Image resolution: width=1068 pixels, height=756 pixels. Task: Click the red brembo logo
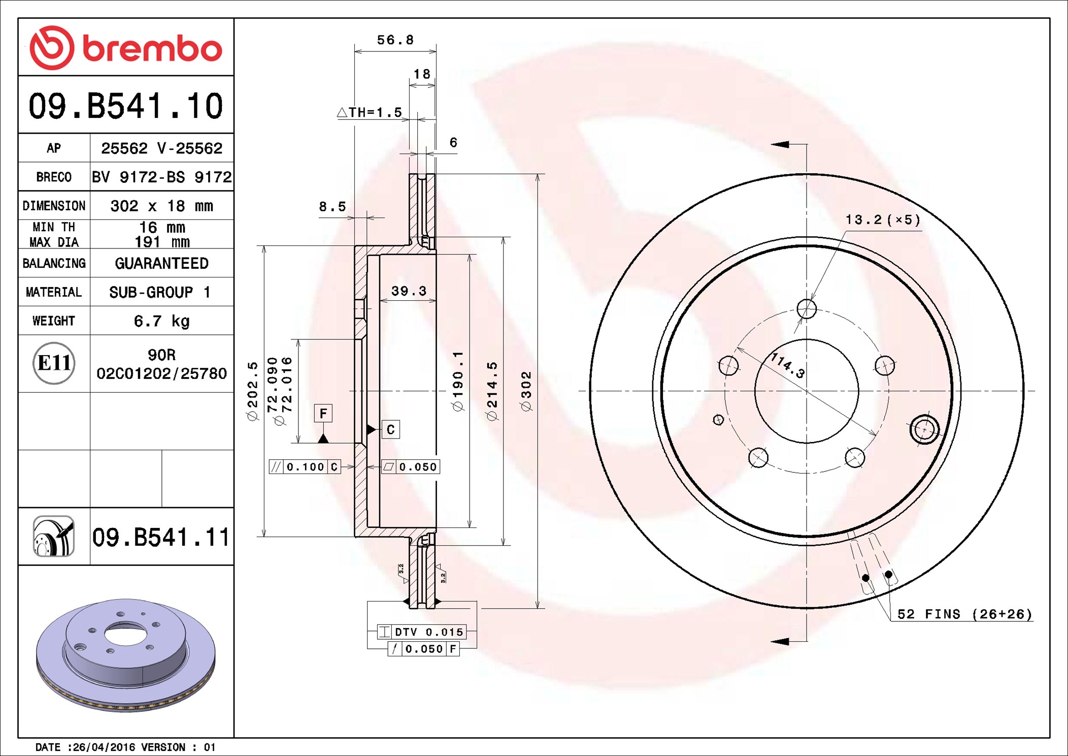point(125,48)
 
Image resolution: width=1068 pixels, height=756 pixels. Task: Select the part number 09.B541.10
point(125,106)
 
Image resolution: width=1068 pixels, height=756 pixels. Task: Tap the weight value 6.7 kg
point(161,321)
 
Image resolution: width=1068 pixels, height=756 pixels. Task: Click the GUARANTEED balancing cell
point(161,263)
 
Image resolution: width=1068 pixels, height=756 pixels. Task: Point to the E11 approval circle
point(54,363)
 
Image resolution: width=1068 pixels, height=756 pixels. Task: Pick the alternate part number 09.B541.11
point(161,537)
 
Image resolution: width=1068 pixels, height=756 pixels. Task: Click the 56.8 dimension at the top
point(395,40)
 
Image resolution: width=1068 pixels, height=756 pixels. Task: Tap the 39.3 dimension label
point(409,291)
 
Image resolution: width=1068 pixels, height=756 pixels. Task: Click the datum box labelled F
point(323,413)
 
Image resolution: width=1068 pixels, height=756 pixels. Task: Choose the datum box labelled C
point(390,430)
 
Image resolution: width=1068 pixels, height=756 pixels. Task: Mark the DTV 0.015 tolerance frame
point(421,632)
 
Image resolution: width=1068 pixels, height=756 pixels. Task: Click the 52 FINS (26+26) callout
point(964,614)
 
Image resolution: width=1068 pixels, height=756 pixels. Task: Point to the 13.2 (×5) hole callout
point(882,220)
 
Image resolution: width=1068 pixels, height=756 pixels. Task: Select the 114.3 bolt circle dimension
point(787,365)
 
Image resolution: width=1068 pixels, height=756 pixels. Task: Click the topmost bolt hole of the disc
point(807,308)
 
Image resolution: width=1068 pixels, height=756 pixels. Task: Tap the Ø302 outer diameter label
point(526,391)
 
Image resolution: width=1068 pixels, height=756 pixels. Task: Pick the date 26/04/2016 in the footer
point(104,747)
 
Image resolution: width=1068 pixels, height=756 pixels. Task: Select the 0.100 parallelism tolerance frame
point(305,467)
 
